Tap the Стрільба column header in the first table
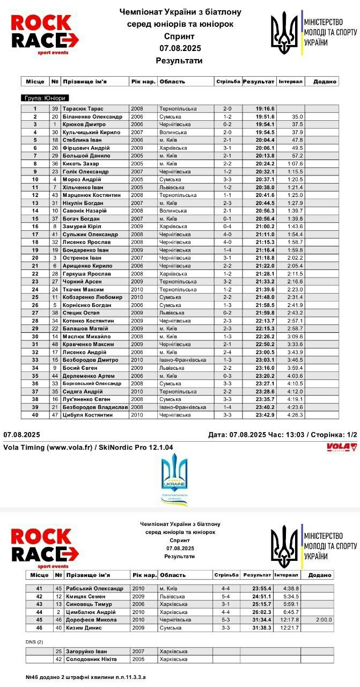pos(228,82)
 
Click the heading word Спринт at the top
pos(179,36)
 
